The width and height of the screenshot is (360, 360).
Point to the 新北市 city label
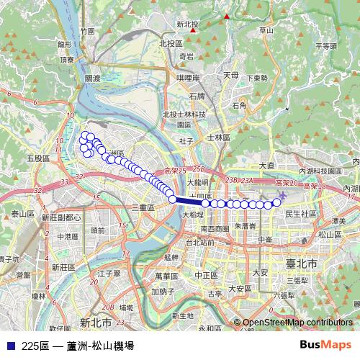[x=95, y=321]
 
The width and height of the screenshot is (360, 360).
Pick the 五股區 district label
[x=37, y=158]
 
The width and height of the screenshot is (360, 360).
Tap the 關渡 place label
[x=92, y=78]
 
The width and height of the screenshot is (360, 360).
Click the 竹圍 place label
[x=88, y=32]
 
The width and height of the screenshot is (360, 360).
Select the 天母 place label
[x=230, y=74]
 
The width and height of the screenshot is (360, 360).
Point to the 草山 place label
[x=266, y=30]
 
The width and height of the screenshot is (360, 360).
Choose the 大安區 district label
[x=239, y=288]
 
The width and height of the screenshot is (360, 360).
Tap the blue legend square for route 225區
[x=10, y=346]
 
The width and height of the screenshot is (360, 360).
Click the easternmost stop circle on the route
[x=275, y=204]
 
